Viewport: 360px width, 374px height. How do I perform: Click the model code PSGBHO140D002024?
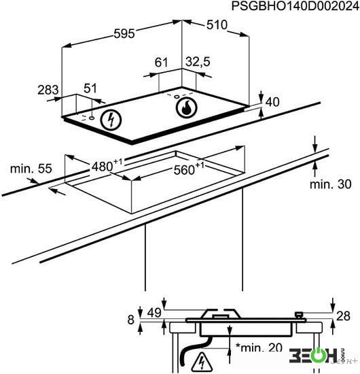pyautogui.click(x=295, y=6)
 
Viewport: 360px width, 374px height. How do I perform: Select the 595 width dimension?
pyautogui.click(x=124, y=33)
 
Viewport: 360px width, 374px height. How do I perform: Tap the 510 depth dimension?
pyautogui.click(x=217, y=24)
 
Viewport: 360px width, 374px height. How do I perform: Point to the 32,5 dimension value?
pyautogui.click(x=198, y=61)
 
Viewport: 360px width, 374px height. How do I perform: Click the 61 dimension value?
pyautogui.click(x=161, y=63)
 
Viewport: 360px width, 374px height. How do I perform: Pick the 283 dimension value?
pyautogui.click(x=48, y=90)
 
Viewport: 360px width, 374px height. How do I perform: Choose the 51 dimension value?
pyautogui.click(x=90, y=88)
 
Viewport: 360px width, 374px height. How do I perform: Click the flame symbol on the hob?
pyautogui.click(x=186, y=107)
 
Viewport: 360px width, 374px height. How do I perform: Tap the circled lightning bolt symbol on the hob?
pyautogui.click(x=111, y=120)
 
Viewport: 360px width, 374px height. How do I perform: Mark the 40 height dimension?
pyautogui.click(x=272, y=102)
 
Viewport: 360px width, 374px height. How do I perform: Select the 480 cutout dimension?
pyautogui.click(x=107, y=165)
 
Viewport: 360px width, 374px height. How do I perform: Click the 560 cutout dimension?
pyautogui.click(x=189, y=169)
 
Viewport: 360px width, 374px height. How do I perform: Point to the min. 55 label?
pyautogui.click(x=31, y=169)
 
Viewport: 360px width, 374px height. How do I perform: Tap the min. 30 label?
pyautogui.click(x=331, y=184)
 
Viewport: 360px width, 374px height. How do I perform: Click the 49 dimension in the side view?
pyautogui.click(x=154, y=313)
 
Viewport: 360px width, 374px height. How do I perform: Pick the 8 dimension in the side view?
pyautogui.click(x=131, y=320)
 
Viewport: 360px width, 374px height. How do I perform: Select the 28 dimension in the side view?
pyautogui.click(x=343, y=316)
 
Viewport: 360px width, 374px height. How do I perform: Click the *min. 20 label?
pyautogui.click(x=259, y=347)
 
